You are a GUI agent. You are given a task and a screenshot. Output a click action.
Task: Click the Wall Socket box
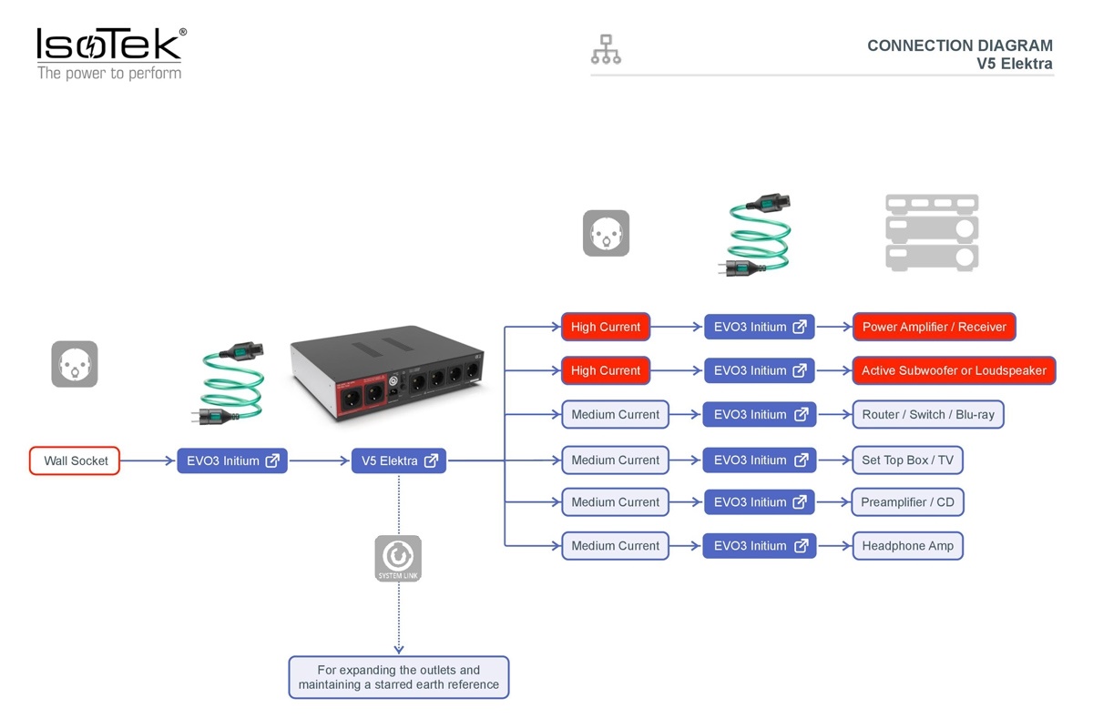tap(75, 460)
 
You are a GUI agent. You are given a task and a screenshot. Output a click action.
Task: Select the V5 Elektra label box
tap(399, 460)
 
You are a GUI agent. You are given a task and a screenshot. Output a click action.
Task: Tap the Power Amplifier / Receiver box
tap(934, 327)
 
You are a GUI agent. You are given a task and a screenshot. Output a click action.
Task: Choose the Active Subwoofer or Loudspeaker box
tap(954, 370)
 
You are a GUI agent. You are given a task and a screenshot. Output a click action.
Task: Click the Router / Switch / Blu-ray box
tap(928, 414)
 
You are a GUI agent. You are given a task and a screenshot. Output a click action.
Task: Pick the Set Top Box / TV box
tap(907, 460)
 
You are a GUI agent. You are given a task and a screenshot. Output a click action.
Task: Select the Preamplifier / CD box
tap(907, 501)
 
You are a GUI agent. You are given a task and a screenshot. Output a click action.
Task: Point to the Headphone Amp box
tap(907, 546)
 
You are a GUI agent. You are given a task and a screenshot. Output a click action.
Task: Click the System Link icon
tap(398, 559)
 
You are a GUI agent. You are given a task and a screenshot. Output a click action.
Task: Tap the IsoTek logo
tap(111, 54)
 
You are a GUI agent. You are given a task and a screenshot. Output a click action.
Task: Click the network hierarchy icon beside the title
tap(606, 49)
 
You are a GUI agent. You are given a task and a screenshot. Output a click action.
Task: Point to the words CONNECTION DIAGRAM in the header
tap(960, 45)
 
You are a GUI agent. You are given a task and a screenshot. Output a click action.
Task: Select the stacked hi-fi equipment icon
tap(932, 233)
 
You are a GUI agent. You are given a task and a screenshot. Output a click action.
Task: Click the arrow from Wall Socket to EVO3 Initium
tap(148, 460)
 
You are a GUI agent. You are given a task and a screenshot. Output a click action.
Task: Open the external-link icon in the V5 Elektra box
tap(432, 460)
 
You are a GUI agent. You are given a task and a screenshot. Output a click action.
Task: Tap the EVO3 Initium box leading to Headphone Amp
tap(760, 546)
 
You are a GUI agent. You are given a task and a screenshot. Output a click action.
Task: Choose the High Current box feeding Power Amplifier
tap(606, 327)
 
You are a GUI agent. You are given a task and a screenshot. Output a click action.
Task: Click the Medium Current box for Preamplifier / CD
tap(616, 501)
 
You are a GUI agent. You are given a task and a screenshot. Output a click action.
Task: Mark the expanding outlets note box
tap(399, 677)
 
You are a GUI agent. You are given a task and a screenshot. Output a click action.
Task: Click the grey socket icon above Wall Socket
tap(75, 364)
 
